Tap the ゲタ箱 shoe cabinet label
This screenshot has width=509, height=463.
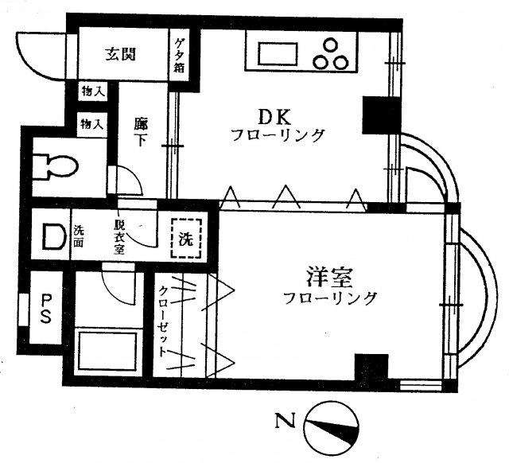(181, 55)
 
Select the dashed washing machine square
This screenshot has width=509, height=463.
(185, 237)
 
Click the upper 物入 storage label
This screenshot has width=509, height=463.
(92, 91)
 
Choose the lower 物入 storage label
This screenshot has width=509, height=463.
(92, 123)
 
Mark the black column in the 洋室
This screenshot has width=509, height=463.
(371, 368)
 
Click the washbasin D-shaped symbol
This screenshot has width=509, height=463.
(52, 236)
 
